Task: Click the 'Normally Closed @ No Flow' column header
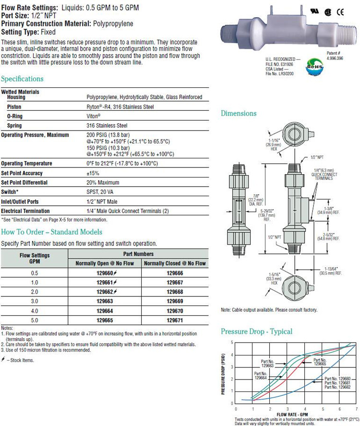[175, 263]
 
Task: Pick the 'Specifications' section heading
[22, 79]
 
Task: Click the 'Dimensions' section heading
[239, 114]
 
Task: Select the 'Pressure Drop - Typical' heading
[256, 331]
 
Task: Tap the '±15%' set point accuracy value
[93, 173]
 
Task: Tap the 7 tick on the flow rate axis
[355, 408]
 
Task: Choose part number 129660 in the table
[107, 273]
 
